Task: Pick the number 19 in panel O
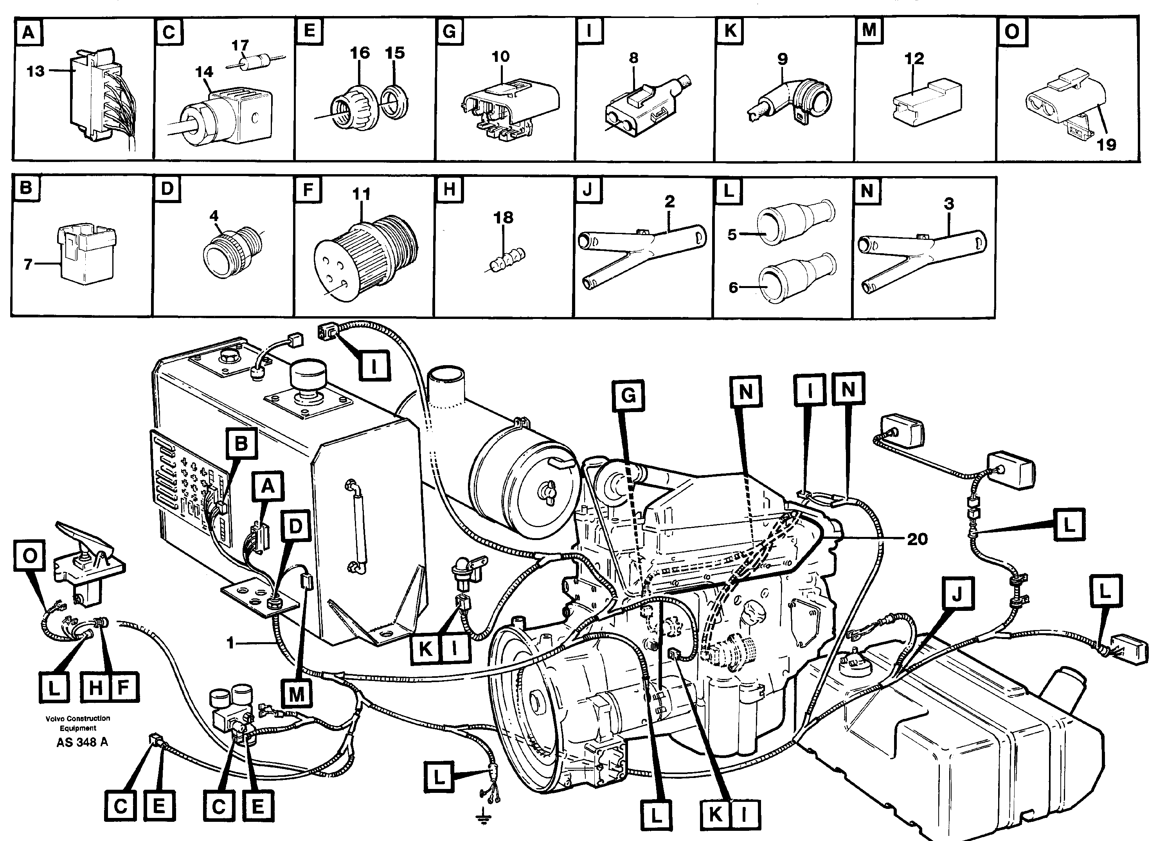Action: click(1107, 145)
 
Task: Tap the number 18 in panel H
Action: click(503, 218)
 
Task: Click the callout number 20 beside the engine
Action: click(917, 539)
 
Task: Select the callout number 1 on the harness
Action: click(231, 643)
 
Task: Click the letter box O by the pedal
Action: click(29, 556)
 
